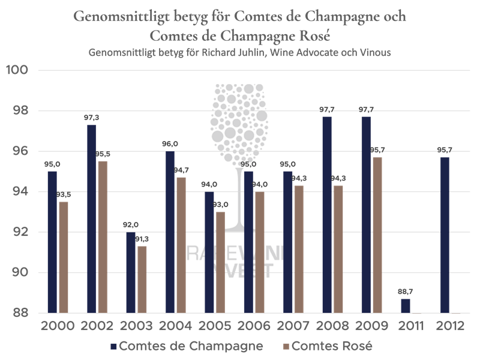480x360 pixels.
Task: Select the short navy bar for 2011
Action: (x=406, y=306)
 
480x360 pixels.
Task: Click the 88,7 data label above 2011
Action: (x=406, y=292)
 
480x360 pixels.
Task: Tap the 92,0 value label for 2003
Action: (x=131, y=225)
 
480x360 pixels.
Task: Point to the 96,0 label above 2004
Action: (x=170, y=144)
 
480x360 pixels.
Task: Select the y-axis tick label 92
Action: (x=20, y=232)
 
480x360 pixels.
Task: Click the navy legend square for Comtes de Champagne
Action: (x=113, y=346)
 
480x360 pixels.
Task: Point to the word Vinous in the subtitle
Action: (x=376, y=53)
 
